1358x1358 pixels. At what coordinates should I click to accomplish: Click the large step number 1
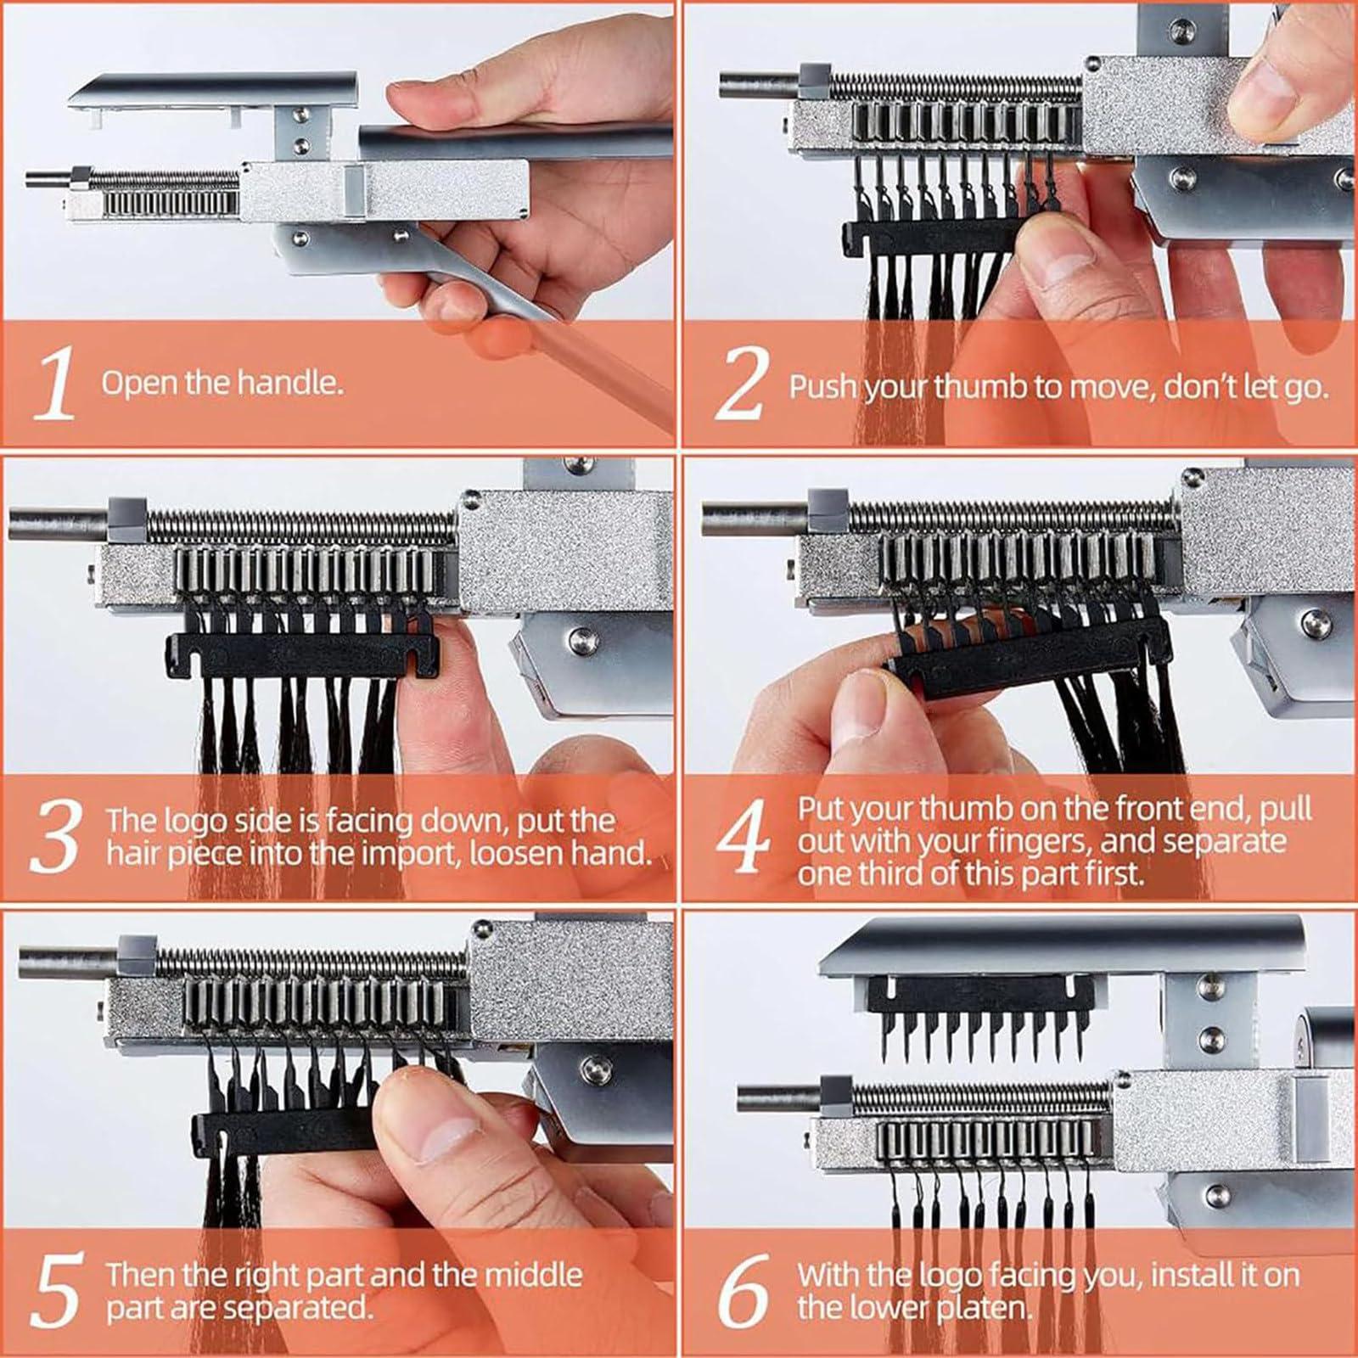pyautogui.click(x=56, y=385)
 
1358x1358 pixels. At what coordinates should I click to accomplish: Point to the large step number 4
pyautogui.click(x=744, y=840)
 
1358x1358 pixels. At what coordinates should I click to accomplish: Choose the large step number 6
pyautogui.click(x=743, y=1290)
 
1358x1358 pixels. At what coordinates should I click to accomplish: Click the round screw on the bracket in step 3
pyautogui.click(x=581, y=637)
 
